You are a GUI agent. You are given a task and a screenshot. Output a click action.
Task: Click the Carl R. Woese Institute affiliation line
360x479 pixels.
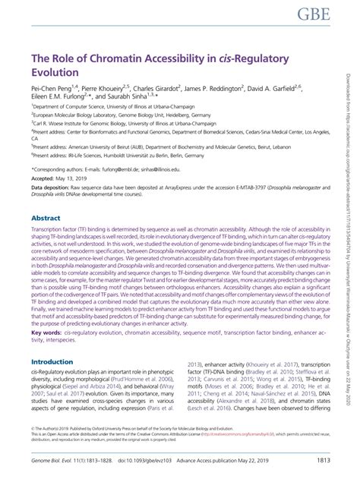pos(114,121)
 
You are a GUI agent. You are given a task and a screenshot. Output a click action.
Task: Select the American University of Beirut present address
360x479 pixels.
pos(152,146)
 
